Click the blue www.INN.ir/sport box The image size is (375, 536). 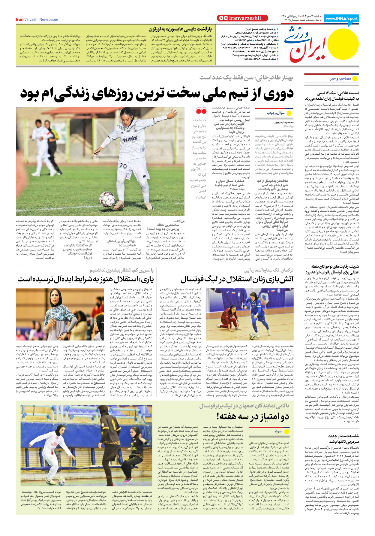point(341,18)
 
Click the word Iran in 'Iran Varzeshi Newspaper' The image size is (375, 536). point(19,20)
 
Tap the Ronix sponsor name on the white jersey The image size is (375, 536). point(130,139)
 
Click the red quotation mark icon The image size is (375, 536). point(201,111)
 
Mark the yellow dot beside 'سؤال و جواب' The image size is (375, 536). point(289,113)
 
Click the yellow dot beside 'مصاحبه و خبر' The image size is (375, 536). point(355,79)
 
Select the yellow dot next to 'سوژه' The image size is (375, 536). point(286,432)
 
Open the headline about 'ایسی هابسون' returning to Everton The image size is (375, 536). point(180,29)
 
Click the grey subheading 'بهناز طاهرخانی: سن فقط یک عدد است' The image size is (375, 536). point(246,78)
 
